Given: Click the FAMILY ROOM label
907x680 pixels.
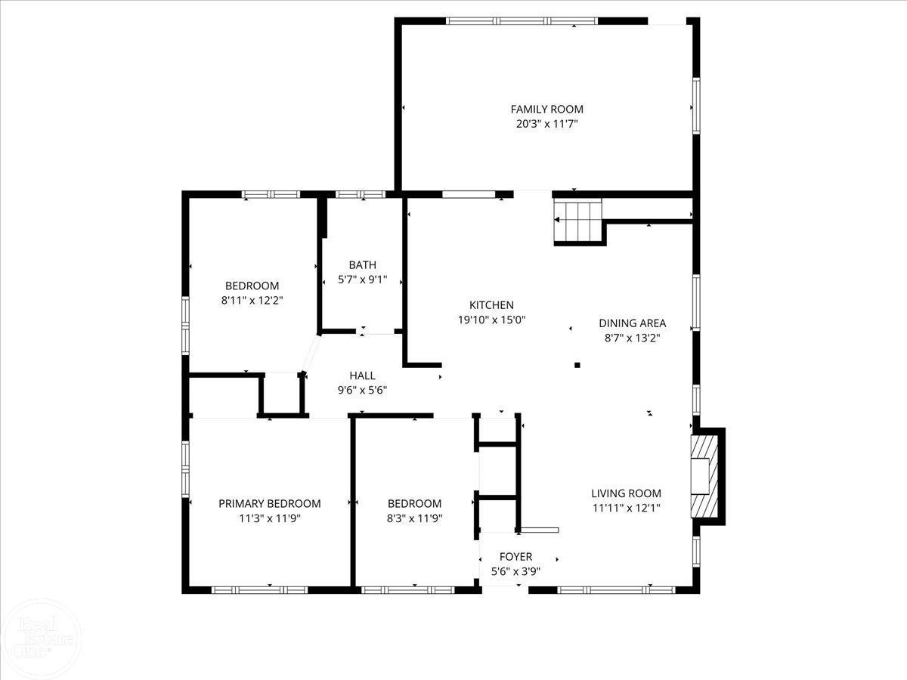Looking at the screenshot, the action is tap(546, 110).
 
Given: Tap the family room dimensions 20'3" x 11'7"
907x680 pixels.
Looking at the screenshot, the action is tap(546, 124).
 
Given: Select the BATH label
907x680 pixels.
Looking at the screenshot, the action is tap(362, 265).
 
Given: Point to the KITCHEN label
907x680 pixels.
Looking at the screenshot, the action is tap(491, 305).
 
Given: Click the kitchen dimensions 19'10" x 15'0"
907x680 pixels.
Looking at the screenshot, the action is tap(491, 320).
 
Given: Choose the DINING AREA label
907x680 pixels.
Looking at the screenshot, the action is tap(632, 323).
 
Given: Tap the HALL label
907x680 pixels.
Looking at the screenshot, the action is tap(362, 376).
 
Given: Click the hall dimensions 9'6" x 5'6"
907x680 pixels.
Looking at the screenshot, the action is tap(362, 390).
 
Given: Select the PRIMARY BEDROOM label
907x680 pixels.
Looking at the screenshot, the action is tap(269, 504).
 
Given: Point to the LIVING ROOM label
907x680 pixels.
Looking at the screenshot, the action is tap(626, 493).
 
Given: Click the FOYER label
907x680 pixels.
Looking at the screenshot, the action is tap(515, 557).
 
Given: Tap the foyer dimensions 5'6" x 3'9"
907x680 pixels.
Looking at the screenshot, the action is tap(515, 571).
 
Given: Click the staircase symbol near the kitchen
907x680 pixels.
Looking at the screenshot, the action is tap(577, 221).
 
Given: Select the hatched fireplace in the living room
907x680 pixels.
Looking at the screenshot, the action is tap(704, 476).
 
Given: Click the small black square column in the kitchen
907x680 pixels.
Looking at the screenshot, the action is tap(577, 365).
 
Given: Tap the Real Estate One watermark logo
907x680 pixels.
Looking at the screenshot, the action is tap(41, 639).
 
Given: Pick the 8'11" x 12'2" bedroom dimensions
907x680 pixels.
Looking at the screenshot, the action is tap(252, 301).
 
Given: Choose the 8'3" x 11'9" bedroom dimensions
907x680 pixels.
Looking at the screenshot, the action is tap(414, 518).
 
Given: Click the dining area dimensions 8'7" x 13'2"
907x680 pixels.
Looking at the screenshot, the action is tap(632, 338).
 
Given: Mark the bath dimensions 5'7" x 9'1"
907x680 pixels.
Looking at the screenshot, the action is tap(362, 280).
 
